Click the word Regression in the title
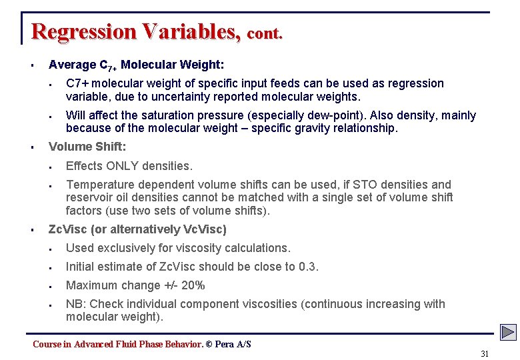pyautogui.click(x=79, y=31)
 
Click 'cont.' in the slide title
pyautogui.click(x=265, y=33)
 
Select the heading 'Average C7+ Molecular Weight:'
pyautogui.click(x=136, y=65)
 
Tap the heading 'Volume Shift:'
pyautogui.click(x=87, y=147)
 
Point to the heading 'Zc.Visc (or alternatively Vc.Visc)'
pyautogui.click(x=137, y=229)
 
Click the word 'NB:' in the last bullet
pyautogui.click(x=76, y=304)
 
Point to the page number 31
pyautogui.click(x=485, y=354)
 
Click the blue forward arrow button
pyautogui.click(x=509, y=332)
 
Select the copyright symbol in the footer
pyautogui.click(x=209, y=344)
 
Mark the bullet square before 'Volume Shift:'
pyautogui.click(x=32, y=147)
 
